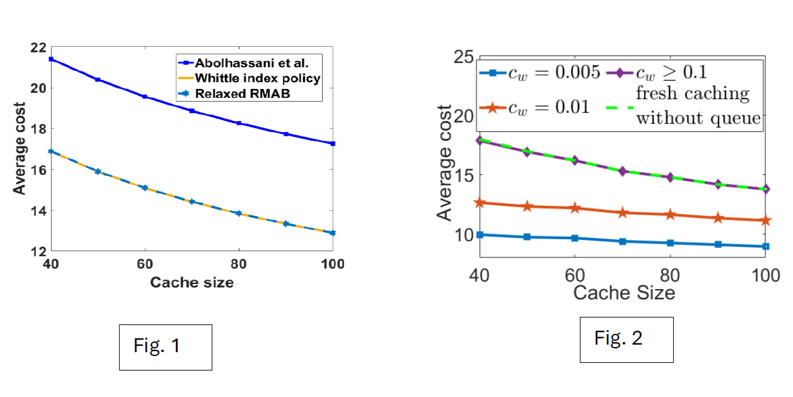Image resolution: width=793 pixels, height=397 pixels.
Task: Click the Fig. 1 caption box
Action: (x=166, y=347)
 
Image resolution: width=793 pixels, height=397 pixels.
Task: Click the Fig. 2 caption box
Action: (x=626, y=339)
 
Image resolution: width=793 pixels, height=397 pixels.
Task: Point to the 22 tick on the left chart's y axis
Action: (x=38, y=47)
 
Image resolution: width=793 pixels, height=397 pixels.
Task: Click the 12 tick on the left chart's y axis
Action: (x=38, y=252)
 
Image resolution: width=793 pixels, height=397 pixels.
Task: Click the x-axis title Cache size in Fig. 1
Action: (x=192, y=283)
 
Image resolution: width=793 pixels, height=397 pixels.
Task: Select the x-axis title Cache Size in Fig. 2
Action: (x=623, y=293)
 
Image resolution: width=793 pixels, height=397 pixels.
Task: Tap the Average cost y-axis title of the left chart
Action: (x=20, y=148)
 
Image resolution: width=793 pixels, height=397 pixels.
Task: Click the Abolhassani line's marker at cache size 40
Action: (x=52, y=59)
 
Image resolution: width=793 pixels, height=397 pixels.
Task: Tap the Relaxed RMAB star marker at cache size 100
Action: (x=333, y=233)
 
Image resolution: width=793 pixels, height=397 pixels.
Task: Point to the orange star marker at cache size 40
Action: (x=480, y=203)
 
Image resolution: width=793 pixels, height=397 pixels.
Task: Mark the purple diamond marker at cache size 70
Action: (x=623, y=171)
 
